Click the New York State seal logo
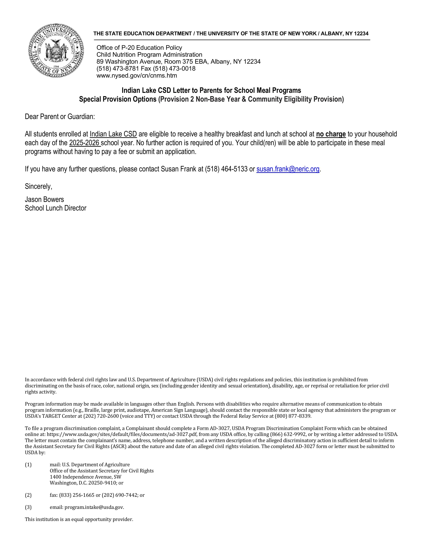point(56,51)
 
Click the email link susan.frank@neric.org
point(288,169)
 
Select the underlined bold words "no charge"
point(331,134)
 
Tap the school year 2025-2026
point(84,143)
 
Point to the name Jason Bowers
point(44,199)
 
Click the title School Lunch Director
point(55,208)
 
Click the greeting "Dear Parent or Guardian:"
point(60,117)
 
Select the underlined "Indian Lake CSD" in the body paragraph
point(113,134)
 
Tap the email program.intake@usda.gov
point(94,507)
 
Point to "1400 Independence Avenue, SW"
point(85,477)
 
